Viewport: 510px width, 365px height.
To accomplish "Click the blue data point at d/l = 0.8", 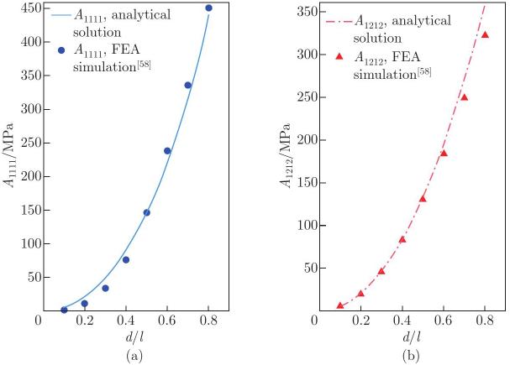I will tap(208, 8).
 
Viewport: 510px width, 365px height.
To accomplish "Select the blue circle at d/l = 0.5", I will tap(146, 212).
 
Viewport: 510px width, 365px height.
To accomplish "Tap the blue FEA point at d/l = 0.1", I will tap(64, 310).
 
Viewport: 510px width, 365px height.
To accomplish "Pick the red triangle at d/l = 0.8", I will tap(485, 34).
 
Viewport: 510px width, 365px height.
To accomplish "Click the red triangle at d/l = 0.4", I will tap(402, 239).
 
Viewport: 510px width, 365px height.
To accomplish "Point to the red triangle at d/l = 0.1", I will tap(340, 305).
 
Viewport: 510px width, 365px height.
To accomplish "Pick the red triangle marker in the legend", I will tap(339, 56).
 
